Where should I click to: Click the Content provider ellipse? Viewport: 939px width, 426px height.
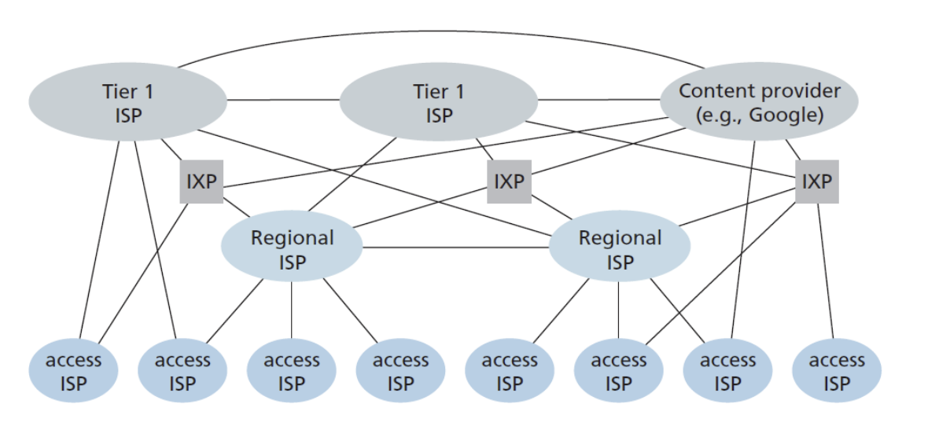point(758,102)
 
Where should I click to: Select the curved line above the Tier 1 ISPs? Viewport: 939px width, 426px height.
point(440,33)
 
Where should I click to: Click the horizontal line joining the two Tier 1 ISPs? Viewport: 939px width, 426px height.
point(283,100)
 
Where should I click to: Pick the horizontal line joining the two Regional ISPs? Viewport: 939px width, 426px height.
point(456,248)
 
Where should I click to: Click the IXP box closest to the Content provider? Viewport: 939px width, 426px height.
point(816,182)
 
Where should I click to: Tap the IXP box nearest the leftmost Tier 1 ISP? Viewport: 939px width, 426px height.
point(201,182)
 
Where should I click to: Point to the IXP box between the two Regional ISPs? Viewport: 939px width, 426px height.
point(508,182)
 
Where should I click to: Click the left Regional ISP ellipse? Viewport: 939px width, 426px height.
point(292,248)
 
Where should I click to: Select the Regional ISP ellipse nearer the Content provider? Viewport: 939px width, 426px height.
point(620,248)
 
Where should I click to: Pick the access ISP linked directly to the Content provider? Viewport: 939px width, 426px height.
point(727,371)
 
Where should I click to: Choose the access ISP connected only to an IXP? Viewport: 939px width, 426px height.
point(836,371)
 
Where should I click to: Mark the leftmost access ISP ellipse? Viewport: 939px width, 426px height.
point(73,371)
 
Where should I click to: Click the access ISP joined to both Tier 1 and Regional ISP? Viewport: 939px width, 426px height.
point(182,371)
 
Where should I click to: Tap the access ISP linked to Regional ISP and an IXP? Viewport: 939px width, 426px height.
point(618,371)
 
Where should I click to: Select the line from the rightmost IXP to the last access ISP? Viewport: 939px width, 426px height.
point(826,267)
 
